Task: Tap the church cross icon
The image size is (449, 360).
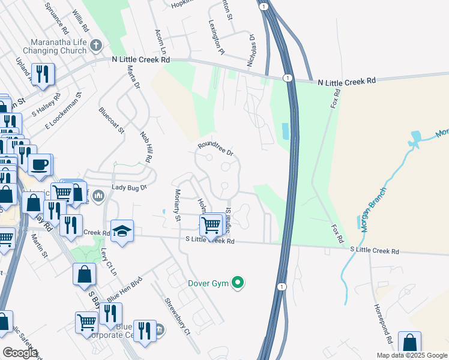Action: [x=96, y=46]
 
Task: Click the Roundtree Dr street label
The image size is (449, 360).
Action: [x=216, y=148]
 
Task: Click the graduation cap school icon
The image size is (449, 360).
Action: [x=122, y=231]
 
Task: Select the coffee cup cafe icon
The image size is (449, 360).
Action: [x=40, y=164]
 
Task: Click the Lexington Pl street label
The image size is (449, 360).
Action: [x=216, y=36]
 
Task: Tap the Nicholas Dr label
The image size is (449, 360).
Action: [x=252, y=50]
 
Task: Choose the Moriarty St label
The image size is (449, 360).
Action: [x=177, y=205]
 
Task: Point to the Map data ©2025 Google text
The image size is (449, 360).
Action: [x=412, y=355]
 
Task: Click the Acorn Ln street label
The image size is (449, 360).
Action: [x=159, y=39]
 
